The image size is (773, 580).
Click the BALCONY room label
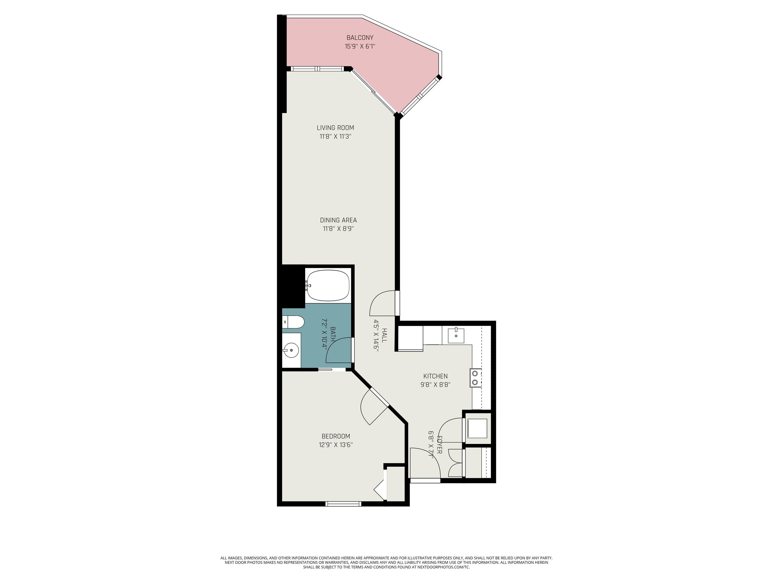360,38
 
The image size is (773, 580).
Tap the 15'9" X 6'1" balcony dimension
360,46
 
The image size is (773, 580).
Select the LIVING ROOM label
335,128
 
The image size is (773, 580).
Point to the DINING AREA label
338,220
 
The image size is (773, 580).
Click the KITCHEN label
435,376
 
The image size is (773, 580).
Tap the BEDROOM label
335,436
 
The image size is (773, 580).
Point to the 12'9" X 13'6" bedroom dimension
335,445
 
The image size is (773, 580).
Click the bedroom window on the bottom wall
343,503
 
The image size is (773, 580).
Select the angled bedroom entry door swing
372,407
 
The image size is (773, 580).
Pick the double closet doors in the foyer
455,462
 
